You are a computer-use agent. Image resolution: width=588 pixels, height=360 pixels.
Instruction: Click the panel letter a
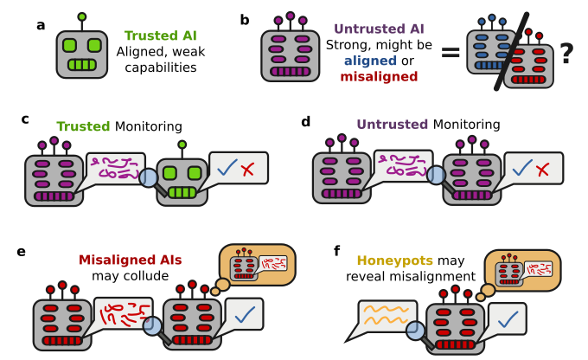pos(41,24)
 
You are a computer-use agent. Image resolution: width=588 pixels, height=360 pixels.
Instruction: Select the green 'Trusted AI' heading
pos(159,36)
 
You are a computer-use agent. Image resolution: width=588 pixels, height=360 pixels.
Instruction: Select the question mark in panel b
pos(566,54)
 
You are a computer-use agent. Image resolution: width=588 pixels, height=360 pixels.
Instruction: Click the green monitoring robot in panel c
pos(182,177)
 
